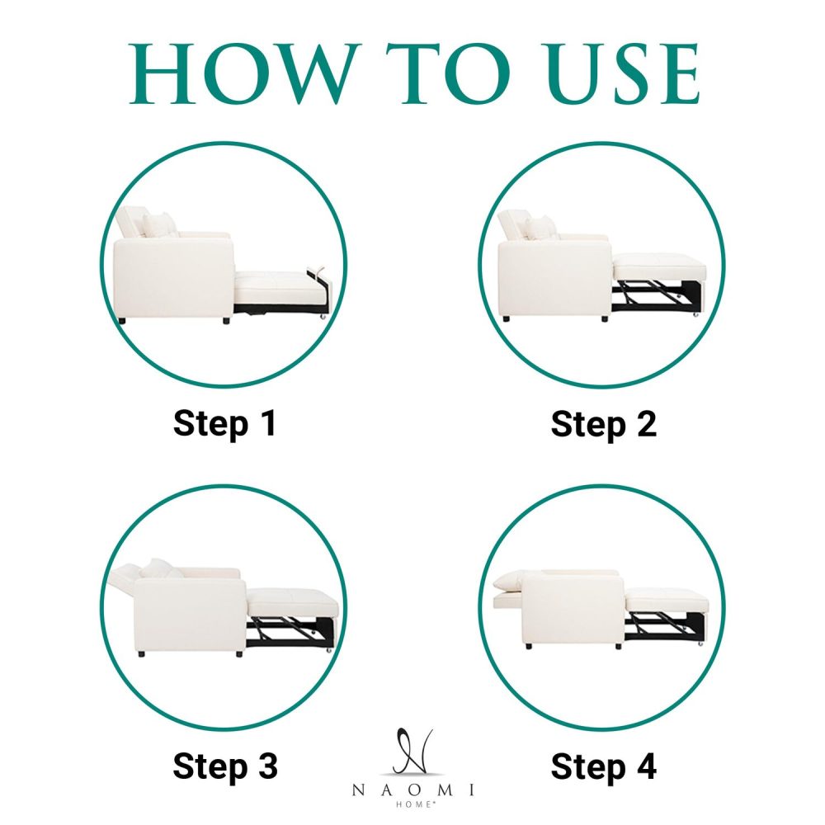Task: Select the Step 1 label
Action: click(224, 423)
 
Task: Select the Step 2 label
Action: click(604, 424)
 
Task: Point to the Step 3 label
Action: click(225, 766)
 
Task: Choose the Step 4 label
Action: click(604, 766)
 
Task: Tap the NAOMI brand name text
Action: click(413, 790)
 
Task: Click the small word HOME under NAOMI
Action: click(413, 804)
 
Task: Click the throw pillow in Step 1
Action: click(160, 224)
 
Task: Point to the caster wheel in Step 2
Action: click(695, 314)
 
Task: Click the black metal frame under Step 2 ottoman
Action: click(658, 296)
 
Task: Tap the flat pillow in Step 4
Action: click(508, 581)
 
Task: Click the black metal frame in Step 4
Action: click(666, 627)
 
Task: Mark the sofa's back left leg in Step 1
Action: click(122, 320)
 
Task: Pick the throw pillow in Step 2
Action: click(540, 228)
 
